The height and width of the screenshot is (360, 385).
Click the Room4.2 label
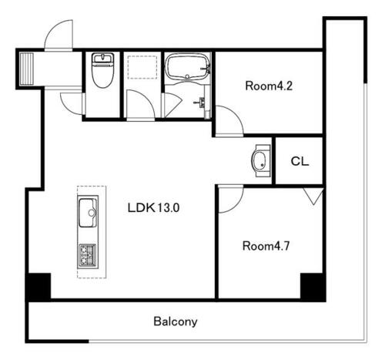269,86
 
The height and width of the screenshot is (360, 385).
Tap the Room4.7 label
266,246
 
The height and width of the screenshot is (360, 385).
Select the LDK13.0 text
153,207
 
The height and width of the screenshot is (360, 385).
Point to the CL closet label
300,161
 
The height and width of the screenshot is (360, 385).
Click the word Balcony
176,321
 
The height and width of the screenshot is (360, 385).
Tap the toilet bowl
102,71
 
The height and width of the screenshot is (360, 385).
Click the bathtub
187,66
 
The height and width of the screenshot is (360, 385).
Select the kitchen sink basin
88,213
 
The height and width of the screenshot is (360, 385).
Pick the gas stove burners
88,255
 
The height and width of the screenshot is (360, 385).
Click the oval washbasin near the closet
259,160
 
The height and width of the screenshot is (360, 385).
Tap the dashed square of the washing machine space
142,67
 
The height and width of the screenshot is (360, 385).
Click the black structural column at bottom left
38,287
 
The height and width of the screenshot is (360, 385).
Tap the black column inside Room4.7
313,287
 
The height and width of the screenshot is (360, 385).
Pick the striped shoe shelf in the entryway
27,69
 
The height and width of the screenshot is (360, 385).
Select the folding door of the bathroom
172,106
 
